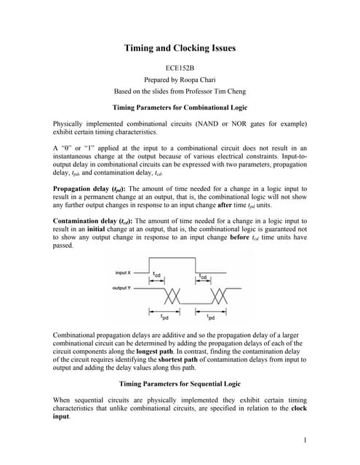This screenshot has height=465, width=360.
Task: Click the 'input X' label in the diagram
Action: pyautogui.click(x=124, y=272)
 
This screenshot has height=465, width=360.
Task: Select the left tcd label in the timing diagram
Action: pyautogui.click(x=157, y=275)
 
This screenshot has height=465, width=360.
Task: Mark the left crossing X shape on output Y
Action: pyautogui.click(x=172, y=296)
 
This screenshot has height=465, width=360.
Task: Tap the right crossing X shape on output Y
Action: pyautogui.click(x=219, y=296)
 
